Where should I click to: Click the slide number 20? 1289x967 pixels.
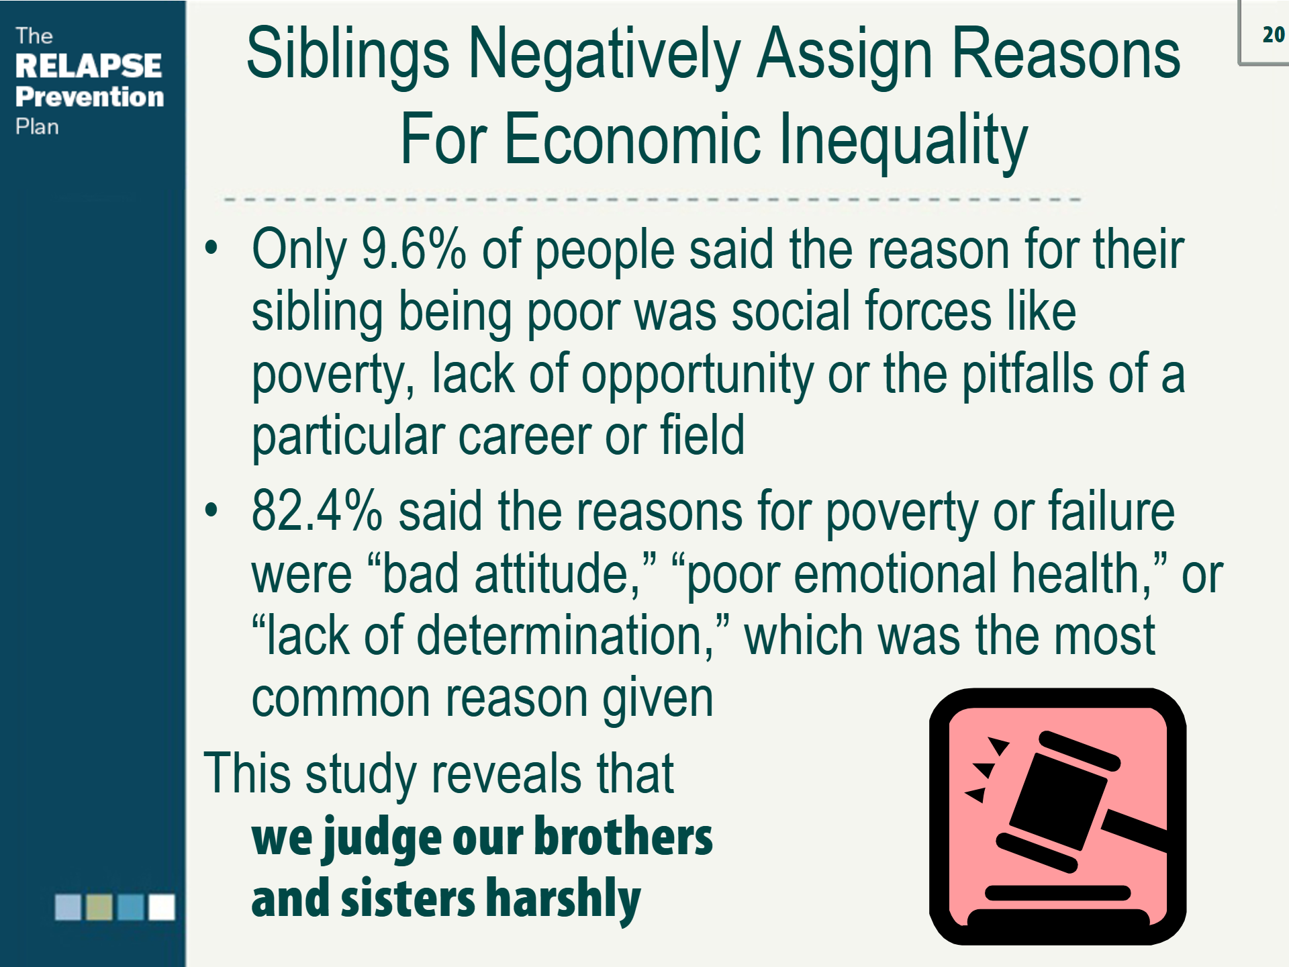pyautogui.click(x=1273, y=35)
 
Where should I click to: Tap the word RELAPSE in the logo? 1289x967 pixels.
pyautogui.click(x=89, y=66)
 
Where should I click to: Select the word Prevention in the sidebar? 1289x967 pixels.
pyautogui.click(x=90, y=97)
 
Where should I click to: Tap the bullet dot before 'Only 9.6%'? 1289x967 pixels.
pyautogui.click(x=211, y=247)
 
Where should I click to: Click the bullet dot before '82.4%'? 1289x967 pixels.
pyautogui.click(x=211, y=510)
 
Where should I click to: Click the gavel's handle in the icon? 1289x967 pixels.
pyautogui.click(x=1135, y=832)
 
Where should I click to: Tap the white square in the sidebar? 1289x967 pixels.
pyautogui.click(x=161, y=907)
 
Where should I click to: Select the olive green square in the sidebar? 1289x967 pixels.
pyautogui.click(x=99, y=907)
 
